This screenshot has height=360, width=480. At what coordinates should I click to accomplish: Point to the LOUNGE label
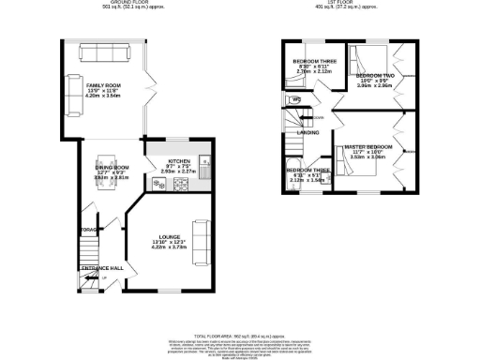[x=170, y=238]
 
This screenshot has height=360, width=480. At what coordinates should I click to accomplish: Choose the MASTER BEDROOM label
[x=368, y=148]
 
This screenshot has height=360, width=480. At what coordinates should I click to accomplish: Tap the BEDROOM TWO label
[x=374, y=74]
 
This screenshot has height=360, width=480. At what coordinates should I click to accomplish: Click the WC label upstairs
[x=295, y=99]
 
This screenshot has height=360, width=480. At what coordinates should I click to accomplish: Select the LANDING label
[x=307, y=133]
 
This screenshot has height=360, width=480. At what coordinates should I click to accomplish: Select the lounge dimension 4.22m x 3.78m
[x=170, y=249]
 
